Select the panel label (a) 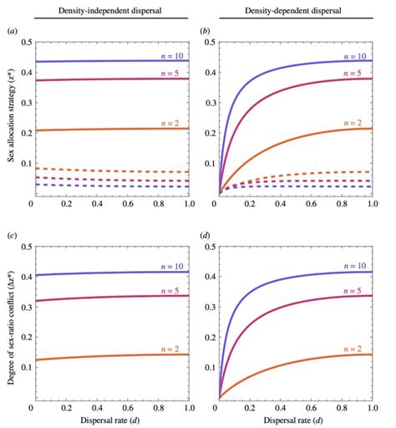pyautogui.click(x=12, y=30)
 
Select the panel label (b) pyautogui.click(x=206, y=30)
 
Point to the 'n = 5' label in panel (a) pyautogui.click(x=175, y=73)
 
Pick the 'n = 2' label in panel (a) pyautogui.click(x=175, y=123)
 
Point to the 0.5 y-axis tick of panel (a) pyautogui.click(x=21, y=42)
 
